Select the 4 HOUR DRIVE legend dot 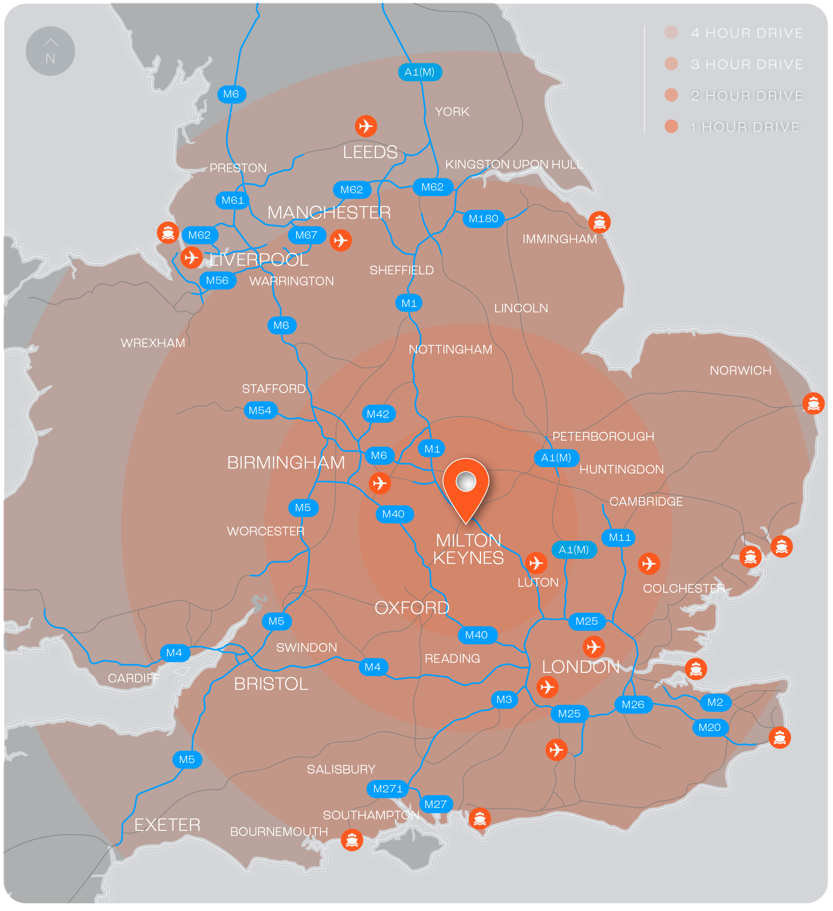(x=671, y=33)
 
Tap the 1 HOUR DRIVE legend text (x=745, y=127)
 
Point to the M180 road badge (x=483, y=218)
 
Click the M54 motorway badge (x=260, y=410)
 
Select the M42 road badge (x=378, y=414)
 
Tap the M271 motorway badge (x=388, y=789)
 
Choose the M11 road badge (x=619, y=537)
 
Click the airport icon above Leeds (x=366, y=126)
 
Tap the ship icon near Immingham (x=599, y=223)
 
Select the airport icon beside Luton (x=536, y=563)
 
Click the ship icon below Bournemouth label (x=352, y=840)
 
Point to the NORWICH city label (x=740, y=371)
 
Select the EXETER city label (x=167, y=825)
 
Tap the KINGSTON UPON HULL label (x=514, y=164)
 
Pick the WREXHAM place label (x=153, y=343)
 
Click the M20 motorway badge (x=709, y=727)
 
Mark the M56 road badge (x=217, y=280)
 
